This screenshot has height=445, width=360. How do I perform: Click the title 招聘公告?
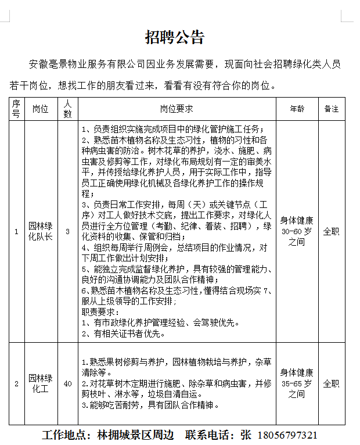pos(175,38)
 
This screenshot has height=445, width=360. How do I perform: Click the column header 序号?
pos(16,109)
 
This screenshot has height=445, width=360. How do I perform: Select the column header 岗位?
pos(40,109)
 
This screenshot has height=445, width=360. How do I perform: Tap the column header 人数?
pos(68,109)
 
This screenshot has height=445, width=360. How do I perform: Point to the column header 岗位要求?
pos(177,109)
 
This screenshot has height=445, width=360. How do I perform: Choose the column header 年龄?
pos(297,109)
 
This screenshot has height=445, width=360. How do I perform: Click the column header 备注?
pos(331,109)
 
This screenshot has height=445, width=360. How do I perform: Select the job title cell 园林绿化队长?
pos(40,231)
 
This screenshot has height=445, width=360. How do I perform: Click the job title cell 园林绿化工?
pos(40,383)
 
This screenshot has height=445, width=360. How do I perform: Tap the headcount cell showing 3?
pos(68,231)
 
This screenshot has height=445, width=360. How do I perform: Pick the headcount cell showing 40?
pos(68,383)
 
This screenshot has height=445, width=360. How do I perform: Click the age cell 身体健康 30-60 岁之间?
pos(297,231)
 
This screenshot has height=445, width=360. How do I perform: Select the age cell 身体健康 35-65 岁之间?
pos(297,383)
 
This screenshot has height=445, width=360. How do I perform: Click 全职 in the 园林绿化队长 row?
pos(331,231)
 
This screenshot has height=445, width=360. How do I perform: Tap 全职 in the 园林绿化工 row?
pos(331,383)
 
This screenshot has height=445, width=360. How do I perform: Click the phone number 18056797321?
pos(286,435)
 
